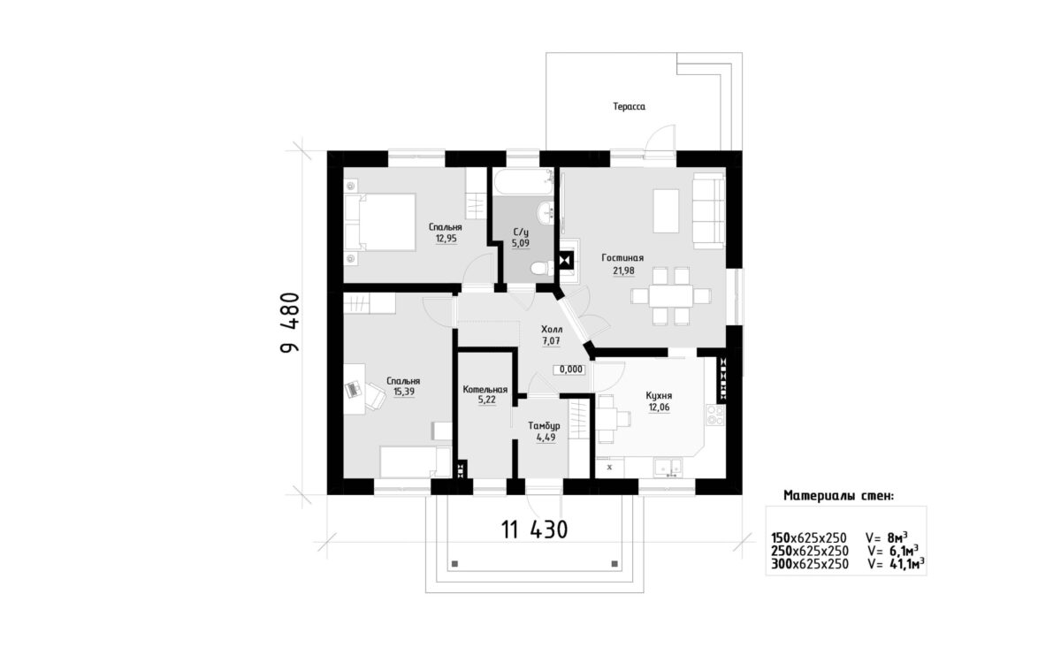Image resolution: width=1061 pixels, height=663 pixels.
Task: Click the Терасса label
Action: click(x=629, y=107)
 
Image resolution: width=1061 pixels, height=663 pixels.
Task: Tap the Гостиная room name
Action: click(x=622, y=258)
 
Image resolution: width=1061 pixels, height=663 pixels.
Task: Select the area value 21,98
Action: click(x=623, y=271)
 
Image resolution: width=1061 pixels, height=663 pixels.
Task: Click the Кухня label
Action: click(x=659, y=396)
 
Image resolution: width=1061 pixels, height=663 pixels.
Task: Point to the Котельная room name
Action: click(x=485, y=390)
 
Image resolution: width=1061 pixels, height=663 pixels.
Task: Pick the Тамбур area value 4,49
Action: click(x=546, y=438)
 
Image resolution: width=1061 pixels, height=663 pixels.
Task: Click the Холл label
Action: click(x=552, y=329)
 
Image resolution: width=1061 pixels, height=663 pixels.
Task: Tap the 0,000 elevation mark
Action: click(x=571, y=370)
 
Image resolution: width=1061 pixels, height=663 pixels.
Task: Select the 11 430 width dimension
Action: click(x=534, y=530)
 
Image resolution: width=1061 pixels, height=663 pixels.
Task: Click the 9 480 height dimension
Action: click(x=290, y=323)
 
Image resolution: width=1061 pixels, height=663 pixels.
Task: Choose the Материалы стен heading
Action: click(x=839, y=496)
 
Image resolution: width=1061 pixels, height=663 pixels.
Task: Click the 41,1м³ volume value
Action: click(x=907, y=564)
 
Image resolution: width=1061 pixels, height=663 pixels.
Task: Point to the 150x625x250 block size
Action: click(x=808, y=538)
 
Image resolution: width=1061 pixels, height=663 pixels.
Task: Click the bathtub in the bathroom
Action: click(x=523, y=182)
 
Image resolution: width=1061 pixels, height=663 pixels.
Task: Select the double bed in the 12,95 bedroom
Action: click(x=380, y=222)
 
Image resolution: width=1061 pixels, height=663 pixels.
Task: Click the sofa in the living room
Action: click(x=708, y=210)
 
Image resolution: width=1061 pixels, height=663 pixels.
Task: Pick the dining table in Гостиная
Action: click(x=671, y=296)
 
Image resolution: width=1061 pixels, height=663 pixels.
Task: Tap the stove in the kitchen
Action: click(x=715, y=415)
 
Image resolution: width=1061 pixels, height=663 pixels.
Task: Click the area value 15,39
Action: click(x=403, y=392)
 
